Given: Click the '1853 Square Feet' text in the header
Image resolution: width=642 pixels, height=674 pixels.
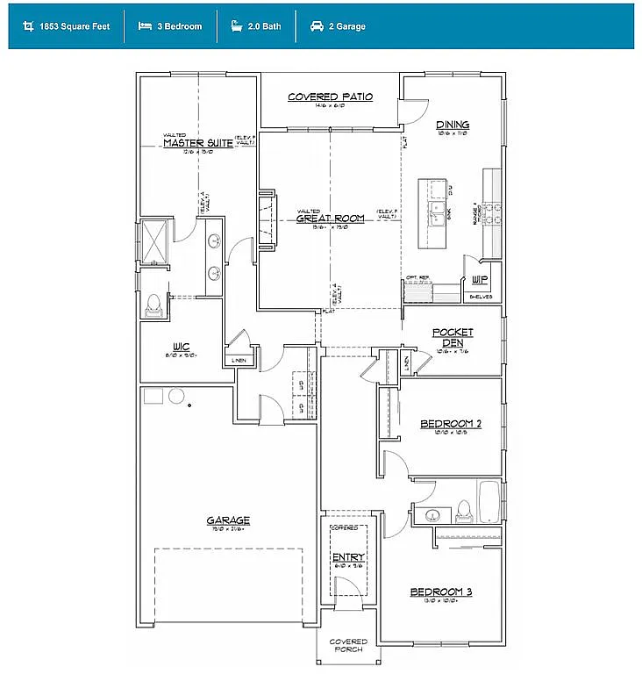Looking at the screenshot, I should (x=74, y=26).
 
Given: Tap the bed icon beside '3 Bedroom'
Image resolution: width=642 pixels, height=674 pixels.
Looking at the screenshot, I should (x=144, y=26).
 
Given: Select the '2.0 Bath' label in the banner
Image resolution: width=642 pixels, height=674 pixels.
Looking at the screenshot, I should (x=264, y=26).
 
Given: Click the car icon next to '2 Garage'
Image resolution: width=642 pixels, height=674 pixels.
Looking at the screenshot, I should (x=316, y=26).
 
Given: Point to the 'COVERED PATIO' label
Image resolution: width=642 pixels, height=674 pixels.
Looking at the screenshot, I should (x=331, y=97).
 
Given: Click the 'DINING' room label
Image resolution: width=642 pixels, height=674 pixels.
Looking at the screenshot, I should (x=453, y=125).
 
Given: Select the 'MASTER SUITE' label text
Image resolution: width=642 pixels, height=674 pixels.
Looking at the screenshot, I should (x=198, y=143).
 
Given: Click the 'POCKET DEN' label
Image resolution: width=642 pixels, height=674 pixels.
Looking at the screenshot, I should (x=453, y=338).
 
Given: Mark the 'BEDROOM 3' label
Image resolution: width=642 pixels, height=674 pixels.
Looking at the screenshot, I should (x=441, y=592).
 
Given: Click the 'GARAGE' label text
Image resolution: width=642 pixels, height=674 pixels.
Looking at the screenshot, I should (x=228, y=520).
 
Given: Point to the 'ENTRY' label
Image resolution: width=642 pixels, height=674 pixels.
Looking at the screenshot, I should (x=348, y=557).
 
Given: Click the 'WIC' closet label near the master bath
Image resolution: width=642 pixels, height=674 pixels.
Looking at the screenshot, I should (x=182, y=347).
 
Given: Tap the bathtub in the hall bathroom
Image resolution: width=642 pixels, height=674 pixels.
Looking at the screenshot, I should (x=489, y=501).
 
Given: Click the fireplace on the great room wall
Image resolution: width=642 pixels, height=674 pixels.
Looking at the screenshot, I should (x=264, y=215).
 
